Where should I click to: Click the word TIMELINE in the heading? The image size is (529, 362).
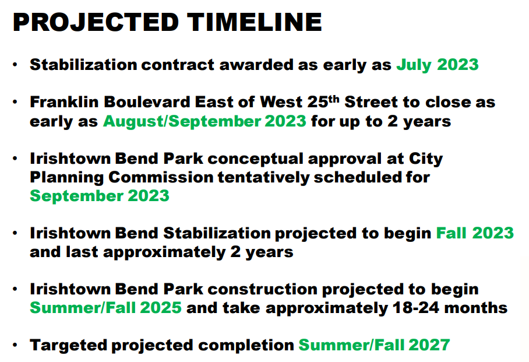pyautogui.click(x=255, y=22)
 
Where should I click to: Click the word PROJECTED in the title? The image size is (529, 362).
pyautogui.click(x=96, y=22)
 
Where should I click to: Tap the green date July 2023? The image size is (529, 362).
pyautogui.click(x=437, y=65)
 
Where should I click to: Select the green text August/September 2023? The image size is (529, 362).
pyautogui.click(x=204, y=121)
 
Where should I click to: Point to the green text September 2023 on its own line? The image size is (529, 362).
pyautogui.click(x=100, y=196)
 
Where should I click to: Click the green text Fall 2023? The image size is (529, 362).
pyautogui.click(x=475, y=233)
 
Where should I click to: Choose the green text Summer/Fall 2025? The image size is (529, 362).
pyautogui.click(x=105, y=308)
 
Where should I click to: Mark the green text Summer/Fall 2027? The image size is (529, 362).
pyautogui.click(x=374, y=345)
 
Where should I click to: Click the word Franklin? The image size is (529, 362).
pyautogui.click(x=64, y=102)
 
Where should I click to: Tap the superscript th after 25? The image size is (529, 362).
pyautogui.click(x=334, y=99)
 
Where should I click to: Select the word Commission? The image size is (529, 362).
pyautogui.click(x=161, y=177)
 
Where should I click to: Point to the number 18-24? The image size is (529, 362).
pyautogui.click(x=416, y=308)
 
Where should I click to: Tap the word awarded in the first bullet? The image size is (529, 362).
pyautogui.click(x=256, y=65)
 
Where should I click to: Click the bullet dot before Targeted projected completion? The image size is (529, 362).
pyautogui.click(x=15, y=345)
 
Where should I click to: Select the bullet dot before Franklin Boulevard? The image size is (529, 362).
pyautogui.click(x=15, y=102)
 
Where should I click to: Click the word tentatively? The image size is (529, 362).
pyautogui.click(x=263, y=178)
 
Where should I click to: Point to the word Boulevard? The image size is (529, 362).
pyautogui.click(x=147, y=102)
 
